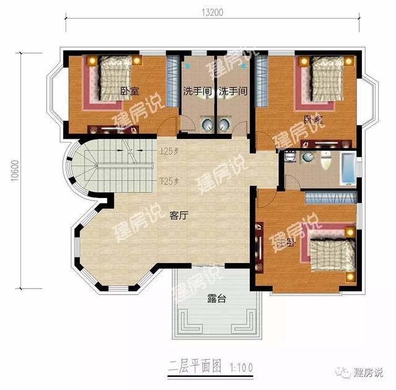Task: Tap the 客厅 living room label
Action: [179, 215]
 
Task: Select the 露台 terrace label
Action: [216, 298]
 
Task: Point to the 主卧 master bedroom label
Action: [285, 242]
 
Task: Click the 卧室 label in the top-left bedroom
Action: [129, 91]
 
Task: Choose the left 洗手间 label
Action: [197, 91]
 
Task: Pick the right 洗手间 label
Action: [234, 91]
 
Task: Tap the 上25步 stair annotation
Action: [168, 151]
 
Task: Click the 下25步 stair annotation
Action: [168, 181]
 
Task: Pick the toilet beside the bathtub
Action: [327, 163]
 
